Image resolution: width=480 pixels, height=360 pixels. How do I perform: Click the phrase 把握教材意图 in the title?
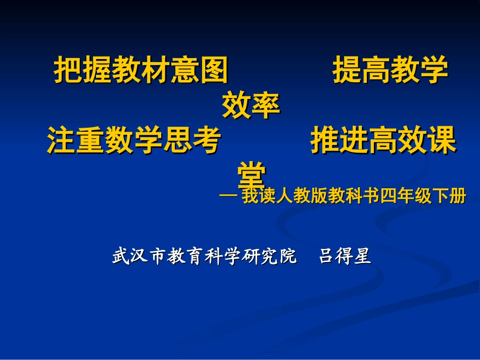pyautogui.click(x=141, y=71)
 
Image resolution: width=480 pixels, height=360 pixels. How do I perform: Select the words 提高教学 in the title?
pyautogui.click(x=390, y=71)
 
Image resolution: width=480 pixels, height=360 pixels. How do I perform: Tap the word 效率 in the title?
pyautogui.click(x=251, y=106)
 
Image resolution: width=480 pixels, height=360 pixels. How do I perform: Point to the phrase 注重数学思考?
pyautogui.click(x=133, y=140)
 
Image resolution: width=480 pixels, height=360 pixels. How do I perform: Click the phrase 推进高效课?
pyautogui.click(x=383, y=140)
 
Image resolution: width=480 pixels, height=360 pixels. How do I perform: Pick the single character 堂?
pyautogui.click(x=251, y=174)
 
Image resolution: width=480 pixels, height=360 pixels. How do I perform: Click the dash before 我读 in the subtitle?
pyautogui.click(x=229, y=196)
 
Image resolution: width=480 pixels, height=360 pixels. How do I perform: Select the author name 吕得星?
pyautogui.click(x=345, y=256)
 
